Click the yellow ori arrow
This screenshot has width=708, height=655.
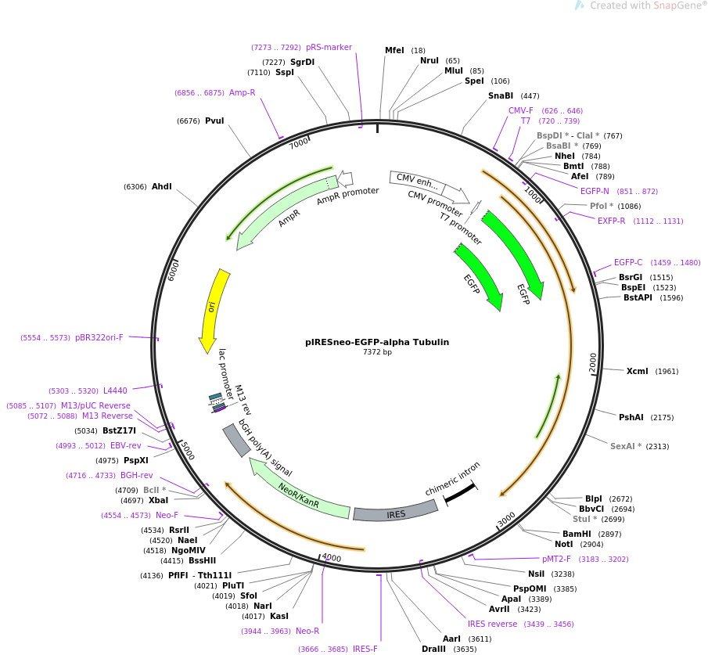tap(214, 311)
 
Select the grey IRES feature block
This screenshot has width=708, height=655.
tap(396, 512)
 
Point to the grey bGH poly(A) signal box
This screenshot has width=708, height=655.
tap(236, 441)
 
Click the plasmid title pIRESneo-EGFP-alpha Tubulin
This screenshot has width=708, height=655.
tap(377, 342)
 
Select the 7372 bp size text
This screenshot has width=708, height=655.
tap(377, 352)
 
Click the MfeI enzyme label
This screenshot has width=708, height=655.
tap(394, 50)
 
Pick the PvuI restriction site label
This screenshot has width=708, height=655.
tap(214, 121)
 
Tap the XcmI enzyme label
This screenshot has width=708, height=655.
tap(637, 371)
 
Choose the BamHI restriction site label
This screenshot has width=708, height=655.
tap(577, 534)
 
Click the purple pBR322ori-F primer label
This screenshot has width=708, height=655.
tap(99, 337)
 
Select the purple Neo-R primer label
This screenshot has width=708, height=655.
tap(307, 631)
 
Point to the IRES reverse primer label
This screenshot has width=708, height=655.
tap(493, 624)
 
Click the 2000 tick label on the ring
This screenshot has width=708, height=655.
tap(593, 363)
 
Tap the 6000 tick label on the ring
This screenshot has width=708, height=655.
tap(173, 271)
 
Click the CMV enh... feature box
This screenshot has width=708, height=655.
tap(417, 182)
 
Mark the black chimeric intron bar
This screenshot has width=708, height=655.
tap(460, 493)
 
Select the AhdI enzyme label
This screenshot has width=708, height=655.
tap(162, 186)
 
